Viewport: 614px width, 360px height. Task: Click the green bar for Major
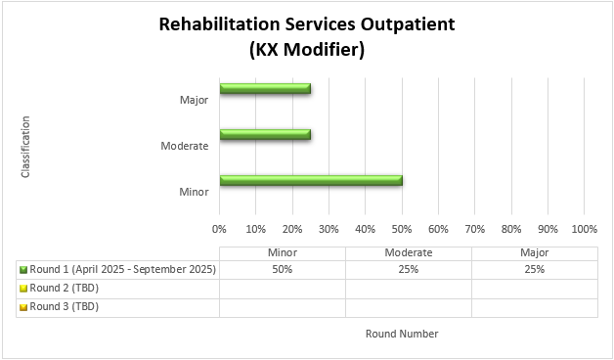pos(265,89)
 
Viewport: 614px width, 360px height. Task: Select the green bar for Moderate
pos(265,134)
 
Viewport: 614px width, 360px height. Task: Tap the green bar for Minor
pos(311,180)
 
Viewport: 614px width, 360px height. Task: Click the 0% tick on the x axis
pos(219,229)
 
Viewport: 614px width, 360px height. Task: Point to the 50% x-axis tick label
pos(402,229)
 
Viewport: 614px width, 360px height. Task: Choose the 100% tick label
pos(584,229)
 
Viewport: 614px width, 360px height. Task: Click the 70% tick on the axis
pos(474,229)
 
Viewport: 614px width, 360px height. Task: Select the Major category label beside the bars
pos(194,100)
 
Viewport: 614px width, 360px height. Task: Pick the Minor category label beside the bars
pos(194,192)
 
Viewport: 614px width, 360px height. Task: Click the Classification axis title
pos(25,147)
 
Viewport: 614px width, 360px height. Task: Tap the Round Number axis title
pos(402,334)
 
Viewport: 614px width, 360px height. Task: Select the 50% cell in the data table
pos(283,269)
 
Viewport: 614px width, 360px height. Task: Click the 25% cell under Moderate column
pos(409,269)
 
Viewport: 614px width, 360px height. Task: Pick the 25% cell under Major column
pos(534,269)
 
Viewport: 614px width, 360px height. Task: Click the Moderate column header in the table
pos(409,252)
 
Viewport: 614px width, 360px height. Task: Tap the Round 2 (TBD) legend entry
pos(65,288)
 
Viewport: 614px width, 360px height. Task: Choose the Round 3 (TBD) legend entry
pos(65,306)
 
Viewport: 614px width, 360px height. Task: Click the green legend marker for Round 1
pos(22,270)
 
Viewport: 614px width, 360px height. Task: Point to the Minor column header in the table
pos(283,252)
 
